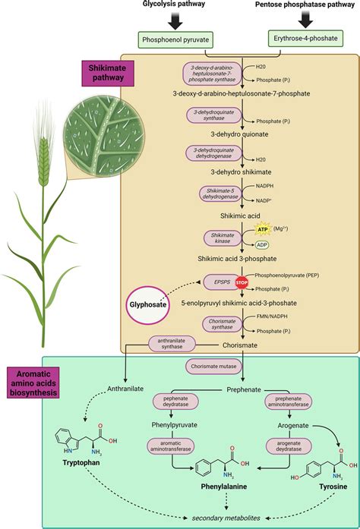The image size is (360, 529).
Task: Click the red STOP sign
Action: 242,282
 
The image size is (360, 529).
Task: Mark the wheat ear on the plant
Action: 44,156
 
